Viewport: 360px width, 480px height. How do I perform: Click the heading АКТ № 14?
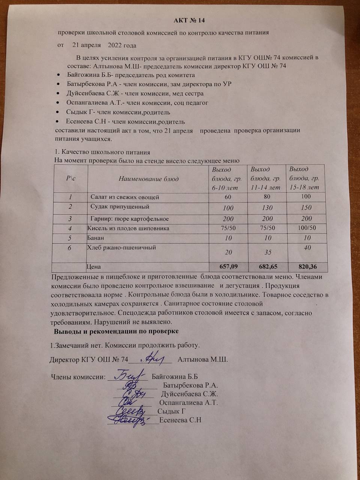click(189, 20)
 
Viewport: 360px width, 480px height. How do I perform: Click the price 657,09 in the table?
click(228, 267)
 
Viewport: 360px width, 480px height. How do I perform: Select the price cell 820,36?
click(306, 267)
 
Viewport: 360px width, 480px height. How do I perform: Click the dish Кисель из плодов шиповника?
click(128, 228)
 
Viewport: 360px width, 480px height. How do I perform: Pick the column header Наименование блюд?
click(148, 178)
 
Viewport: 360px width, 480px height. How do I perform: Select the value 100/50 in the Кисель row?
click(306, 228)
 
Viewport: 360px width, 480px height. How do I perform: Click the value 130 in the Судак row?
click(267, 208)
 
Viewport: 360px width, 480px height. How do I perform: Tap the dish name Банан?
click(96, 238)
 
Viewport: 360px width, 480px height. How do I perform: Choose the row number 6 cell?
click(70, 248)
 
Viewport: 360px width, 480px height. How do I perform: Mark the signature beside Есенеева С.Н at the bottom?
click(131, 420)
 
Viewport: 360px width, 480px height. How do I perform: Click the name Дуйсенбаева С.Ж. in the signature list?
click(189, 394)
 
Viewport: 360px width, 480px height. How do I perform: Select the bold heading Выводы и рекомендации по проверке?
click(116, 331)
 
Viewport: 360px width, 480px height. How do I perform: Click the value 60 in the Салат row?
click(228, 197)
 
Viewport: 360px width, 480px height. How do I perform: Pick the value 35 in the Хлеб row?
click(267, 252)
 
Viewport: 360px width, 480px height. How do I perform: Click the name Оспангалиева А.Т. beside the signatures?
click(189, 403)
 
